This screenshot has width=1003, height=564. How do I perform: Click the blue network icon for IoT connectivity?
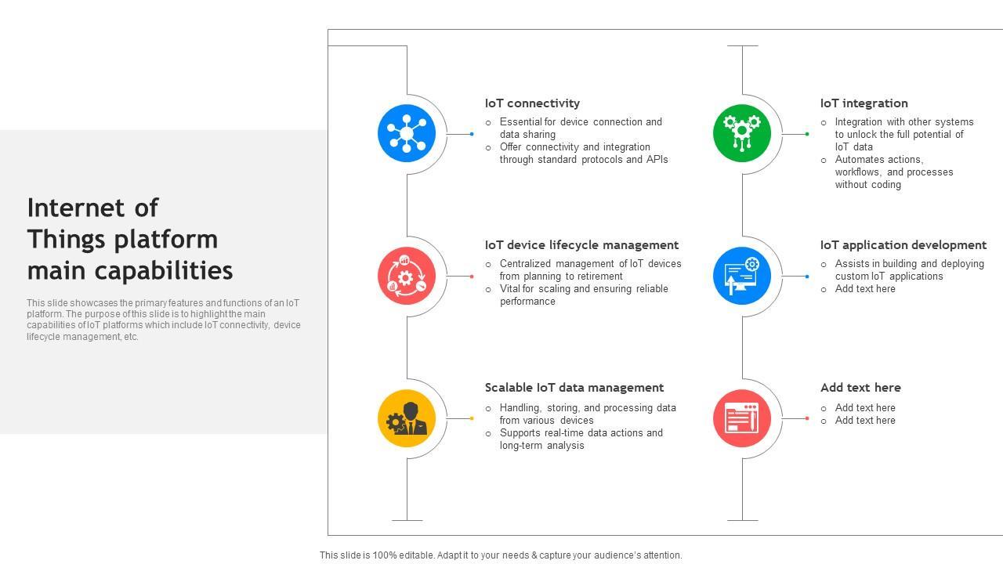pos(407,134)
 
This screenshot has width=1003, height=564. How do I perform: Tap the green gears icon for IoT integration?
pos(742,134)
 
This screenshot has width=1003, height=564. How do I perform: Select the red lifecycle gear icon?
pos(407,276)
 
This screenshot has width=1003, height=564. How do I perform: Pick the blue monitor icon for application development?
pos(742,276)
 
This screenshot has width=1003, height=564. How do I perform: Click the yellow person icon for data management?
pos(407,418)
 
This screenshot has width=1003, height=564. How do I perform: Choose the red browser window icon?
pos(742,418)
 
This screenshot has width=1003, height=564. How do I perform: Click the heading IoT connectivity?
pos(532,103)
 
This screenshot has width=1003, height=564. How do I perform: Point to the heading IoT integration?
pos(864,103)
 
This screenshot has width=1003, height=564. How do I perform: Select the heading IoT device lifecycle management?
pos(581,245)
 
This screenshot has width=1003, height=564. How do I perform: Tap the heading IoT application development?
pos(903,245)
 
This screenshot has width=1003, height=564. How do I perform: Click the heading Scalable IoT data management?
pos(574,388)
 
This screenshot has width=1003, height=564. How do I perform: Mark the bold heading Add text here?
pos(860,388)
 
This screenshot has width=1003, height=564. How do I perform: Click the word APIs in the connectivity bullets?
pos(657,160)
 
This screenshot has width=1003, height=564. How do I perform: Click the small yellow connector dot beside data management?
pos(472,418)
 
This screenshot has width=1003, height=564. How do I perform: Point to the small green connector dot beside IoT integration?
pos(807,134)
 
